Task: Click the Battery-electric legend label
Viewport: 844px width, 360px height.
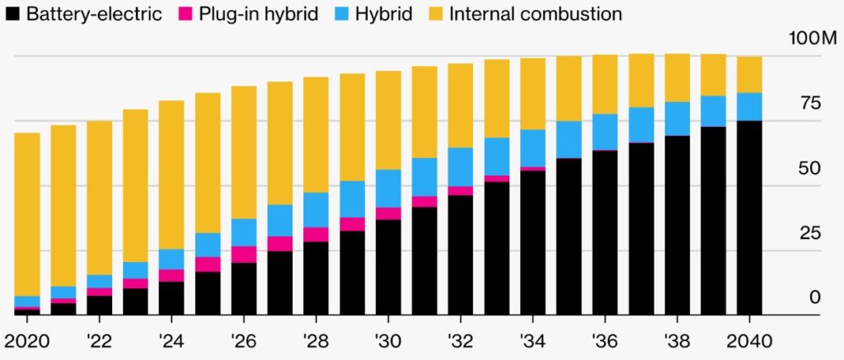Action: click(94, 14)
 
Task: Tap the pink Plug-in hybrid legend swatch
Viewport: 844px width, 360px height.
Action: click(185, 14)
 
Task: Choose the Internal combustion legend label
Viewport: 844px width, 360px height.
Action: click(535, 14)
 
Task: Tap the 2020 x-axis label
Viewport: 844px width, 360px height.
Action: click(26, 341)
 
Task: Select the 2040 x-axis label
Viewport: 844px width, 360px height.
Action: click(749, 341)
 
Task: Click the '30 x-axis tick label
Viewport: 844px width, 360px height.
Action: click(388, 341)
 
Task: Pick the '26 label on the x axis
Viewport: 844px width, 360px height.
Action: click(243, 341)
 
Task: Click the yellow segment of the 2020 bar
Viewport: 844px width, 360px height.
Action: click(27, 214)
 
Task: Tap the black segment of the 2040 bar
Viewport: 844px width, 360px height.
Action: click(749, 218)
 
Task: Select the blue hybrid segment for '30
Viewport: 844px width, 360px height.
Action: click(388, 189)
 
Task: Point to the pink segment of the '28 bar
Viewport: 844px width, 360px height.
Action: click(316, 235)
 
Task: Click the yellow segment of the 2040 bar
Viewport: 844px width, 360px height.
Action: click(749, 75)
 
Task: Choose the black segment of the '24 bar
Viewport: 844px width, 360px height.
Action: click(171, 299)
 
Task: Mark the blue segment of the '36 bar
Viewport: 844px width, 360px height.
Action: click(605, 132)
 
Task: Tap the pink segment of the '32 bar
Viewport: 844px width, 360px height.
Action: click(460, 191)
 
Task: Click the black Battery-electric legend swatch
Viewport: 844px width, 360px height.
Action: click(12, 14)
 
